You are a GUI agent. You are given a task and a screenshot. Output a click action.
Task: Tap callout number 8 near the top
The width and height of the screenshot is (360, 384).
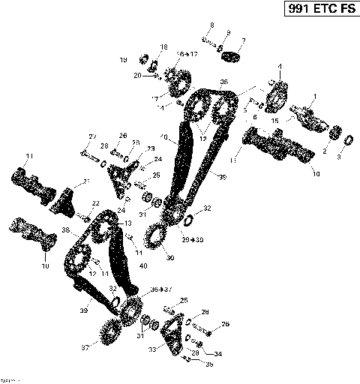pos(212,25)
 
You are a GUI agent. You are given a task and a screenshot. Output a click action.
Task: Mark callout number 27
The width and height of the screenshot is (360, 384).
pos(93,136)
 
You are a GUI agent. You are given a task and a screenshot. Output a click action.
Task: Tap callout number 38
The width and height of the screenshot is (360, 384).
pos(65,230)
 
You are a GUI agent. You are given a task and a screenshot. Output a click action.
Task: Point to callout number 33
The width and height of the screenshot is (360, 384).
pos(152,349)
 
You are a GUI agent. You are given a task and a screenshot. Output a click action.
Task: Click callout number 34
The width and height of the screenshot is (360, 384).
pos(217,353)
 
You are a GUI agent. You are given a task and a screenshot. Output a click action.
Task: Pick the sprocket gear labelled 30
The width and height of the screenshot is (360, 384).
pos(158,242)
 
